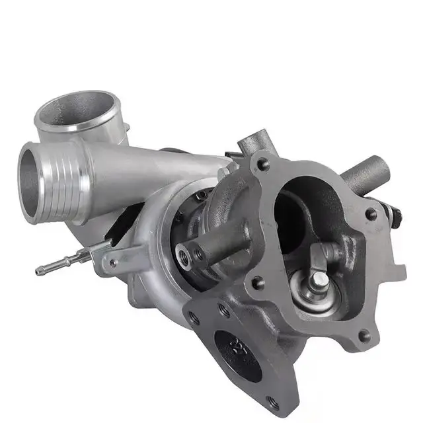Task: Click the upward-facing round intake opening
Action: click(78, 110)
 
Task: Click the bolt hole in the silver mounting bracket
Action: click(114, 263)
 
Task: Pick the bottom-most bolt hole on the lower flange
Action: click(272, 400)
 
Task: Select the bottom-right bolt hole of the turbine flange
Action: click(363, 336)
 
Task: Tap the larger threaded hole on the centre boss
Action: click(183, 253)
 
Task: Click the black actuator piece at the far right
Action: click(395, 215)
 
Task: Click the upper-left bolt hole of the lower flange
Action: click(194, 318)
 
